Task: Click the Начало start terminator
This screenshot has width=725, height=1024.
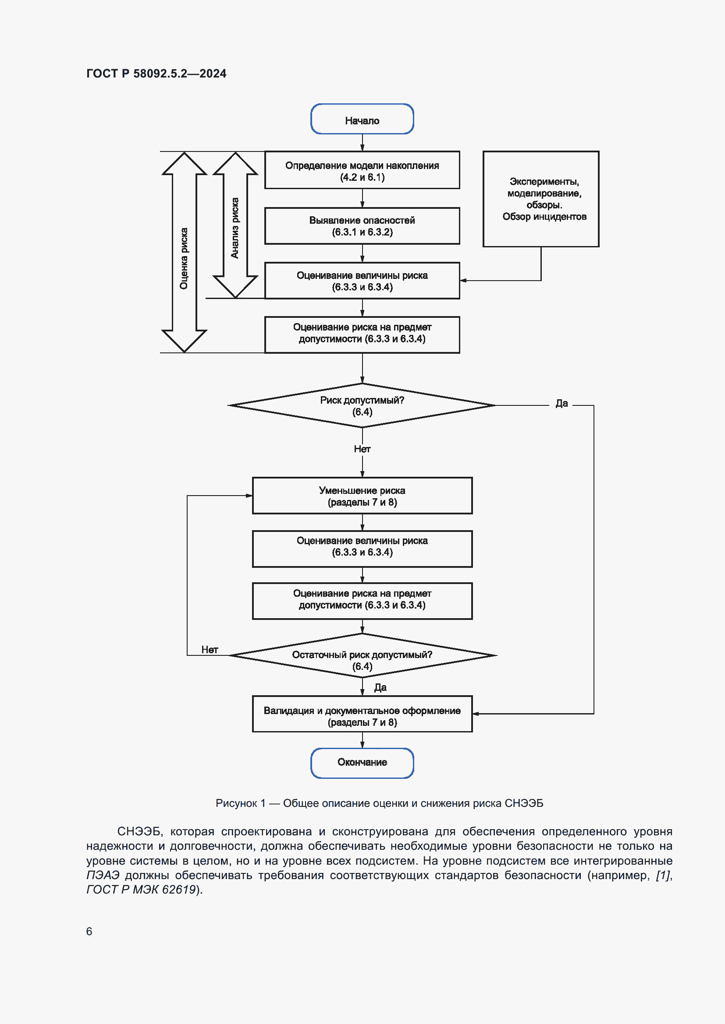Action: click(x=362, y=119)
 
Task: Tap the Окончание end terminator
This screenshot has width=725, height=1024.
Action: click(x=362, y=763)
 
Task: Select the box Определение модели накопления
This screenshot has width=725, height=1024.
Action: click(x=362, y=170)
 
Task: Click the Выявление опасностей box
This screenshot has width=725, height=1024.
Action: click(x=362, y=225)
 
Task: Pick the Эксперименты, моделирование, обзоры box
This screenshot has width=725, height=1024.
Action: click(x=540, y=199)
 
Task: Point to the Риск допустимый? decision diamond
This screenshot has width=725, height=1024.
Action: click(x=362, y=405)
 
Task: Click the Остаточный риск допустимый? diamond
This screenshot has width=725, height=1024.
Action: click(x=362, y=655)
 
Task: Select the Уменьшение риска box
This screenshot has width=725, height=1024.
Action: click(x=362, y=496)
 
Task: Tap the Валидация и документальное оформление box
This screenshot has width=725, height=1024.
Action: click(x=362, y=714)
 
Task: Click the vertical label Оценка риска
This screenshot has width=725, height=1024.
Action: click(x=184, y=259)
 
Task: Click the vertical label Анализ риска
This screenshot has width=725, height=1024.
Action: click(x=235, y=228)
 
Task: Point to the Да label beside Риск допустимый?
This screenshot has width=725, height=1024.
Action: click(x=561, y=404)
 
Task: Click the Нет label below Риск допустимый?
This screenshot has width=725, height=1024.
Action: click(x=362, y=449)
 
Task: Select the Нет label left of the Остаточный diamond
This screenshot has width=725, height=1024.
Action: click(x=210, y=650)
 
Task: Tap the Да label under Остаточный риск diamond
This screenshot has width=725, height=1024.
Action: click(x=380, y=687)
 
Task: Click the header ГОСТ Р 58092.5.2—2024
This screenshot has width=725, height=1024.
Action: click(x=156, y=74)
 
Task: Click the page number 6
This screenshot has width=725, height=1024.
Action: click(x=89, y=931)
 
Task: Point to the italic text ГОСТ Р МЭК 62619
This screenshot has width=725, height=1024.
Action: click(x=141, y=890)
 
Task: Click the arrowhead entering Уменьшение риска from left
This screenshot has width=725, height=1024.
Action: click(x=249, y=496)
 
